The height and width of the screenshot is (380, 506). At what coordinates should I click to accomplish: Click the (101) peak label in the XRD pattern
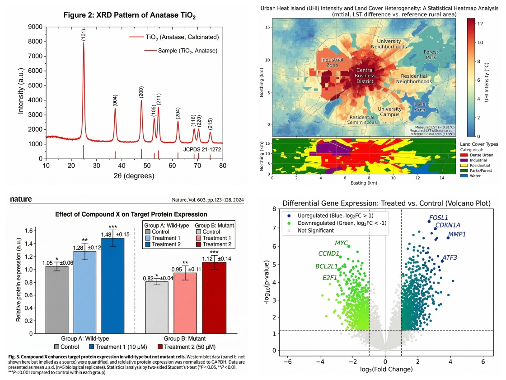click(x=84, y=34)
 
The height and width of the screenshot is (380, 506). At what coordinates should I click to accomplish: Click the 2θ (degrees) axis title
click(x=134, y=177)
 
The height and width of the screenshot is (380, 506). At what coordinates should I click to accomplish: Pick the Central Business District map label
click(x=365, y=76)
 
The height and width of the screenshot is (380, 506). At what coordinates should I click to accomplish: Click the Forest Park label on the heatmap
click(x=431, y=55)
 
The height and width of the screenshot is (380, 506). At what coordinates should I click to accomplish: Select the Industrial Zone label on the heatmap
click(x=332, y=62)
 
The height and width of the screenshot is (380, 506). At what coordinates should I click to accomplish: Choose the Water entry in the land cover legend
click(x=475, y=176)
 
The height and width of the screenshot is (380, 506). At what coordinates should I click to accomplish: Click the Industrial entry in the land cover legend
click(x=478, y=160)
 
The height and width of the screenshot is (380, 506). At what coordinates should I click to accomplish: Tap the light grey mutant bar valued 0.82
click(x=156, y=308)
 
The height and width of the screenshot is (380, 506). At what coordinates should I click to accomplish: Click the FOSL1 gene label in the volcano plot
click(x=438, y=217)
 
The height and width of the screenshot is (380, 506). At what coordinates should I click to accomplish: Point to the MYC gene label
click(x=342, y=243)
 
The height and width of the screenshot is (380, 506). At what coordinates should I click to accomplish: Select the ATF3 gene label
click(x=450, y=257)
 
